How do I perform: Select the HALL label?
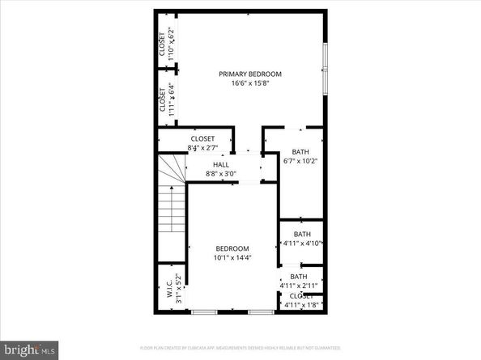(x=221, y=165)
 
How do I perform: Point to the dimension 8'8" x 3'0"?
(x=221, y=173)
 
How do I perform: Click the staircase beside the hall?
(x=172, y=202)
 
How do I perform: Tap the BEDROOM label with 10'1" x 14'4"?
(x=232, y=248)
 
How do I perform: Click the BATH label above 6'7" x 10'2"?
(x=300, y=151)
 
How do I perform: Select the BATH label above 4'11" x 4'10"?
(x=301, y=235)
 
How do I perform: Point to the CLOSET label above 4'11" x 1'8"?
(x=301, y=296)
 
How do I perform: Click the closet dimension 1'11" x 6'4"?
(x=171, y=96)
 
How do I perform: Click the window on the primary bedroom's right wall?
(x=325, y=67)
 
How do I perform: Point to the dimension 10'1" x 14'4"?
(x=232, y=257)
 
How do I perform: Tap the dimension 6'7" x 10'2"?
(x=300, y=160)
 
